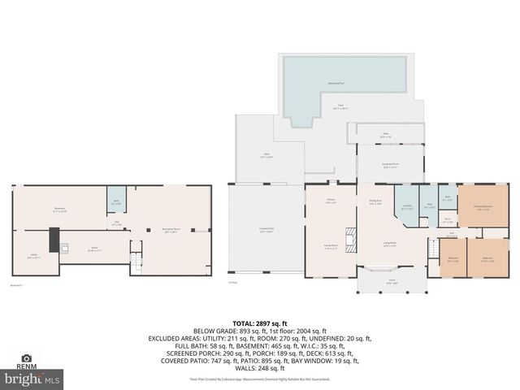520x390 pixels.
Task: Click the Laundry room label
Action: coord(405,206)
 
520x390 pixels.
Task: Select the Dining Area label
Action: coord(375,203)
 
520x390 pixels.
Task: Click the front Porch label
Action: coord(392,281)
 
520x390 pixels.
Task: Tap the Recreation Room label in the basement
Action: coord(171,230)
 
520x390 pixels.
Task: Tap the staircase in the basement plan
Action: coord(136,259)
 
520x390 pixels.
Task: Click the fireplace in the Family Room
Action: coord(351,241)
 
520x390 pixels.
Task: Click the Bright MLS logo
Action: coord(32,378)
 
